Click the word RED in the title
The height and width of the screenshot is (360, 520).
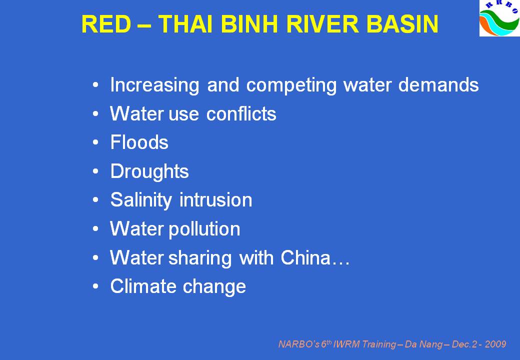106,24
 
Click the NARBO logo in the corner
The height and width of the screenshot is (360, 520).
499,18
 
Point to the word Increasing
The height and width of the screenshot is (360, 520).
154,85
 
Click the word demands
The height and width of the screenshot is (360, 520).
438,85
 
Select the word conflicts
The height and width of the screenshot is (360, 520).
241,113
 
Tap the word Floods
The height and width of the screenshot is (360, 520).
139,142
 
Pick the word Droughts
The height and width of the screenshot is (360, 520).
149,171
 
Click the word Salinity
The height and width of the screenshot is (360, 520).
141,200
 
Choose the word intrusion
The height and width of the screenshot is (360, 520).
215,200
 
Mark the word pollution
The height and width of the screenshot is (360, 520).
204,229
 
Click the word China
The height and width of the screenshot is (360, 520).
305,257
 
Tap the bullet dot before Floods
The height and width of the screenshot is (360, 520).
96,142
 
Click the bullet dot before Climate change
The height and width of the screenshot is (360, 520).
96,286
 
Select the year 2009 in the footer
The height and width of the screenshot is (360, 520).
495,344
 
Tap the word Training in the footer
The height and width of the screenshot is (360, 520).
378,345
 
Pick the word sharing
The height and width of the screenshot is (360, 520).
200,258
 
